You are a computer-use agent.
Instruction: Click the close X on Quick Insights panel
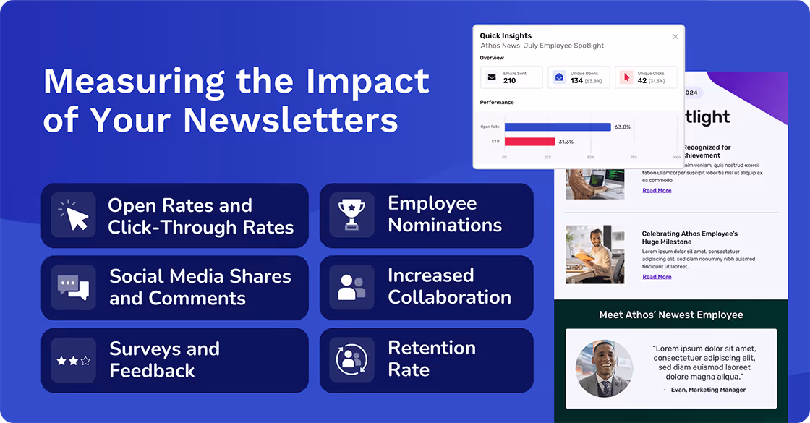point(675,37)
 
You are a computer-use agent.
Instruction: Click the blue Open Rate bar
point(558,127)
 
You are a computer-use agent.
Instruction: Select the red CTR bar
point(529,142)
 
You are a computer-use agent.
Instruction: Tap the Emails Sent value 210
point(509,80)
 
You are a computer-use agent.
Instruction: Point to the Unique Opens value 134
point(576,80)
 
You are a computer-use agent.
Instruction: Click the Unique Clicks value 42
point(642,80)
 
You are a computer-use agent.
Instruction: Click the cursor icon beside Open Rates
point(74,215)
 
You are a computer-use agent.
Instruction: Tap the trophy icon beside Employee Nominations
point(351,215)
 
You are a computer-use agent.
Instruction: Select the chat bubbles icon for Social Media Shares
point(74,287)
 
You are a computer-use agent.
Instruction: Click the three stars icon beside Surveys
point(74,360)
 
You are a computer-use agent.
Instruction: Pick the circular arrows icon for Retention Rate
point(351,359)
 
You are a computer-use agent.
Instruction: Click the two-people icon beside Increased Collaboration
point(351,287)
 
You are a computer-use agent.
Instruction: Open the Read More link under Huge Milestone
point(657,277)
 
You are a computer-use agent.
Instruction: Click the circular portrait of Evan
point(605,368)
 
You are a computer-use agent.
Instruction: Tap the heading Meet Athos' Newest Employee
point(671,315)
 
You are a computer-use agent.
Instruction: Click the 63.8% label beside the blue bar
point(622,127)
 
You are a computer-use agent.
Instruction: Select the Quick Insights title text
point(506,35)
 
